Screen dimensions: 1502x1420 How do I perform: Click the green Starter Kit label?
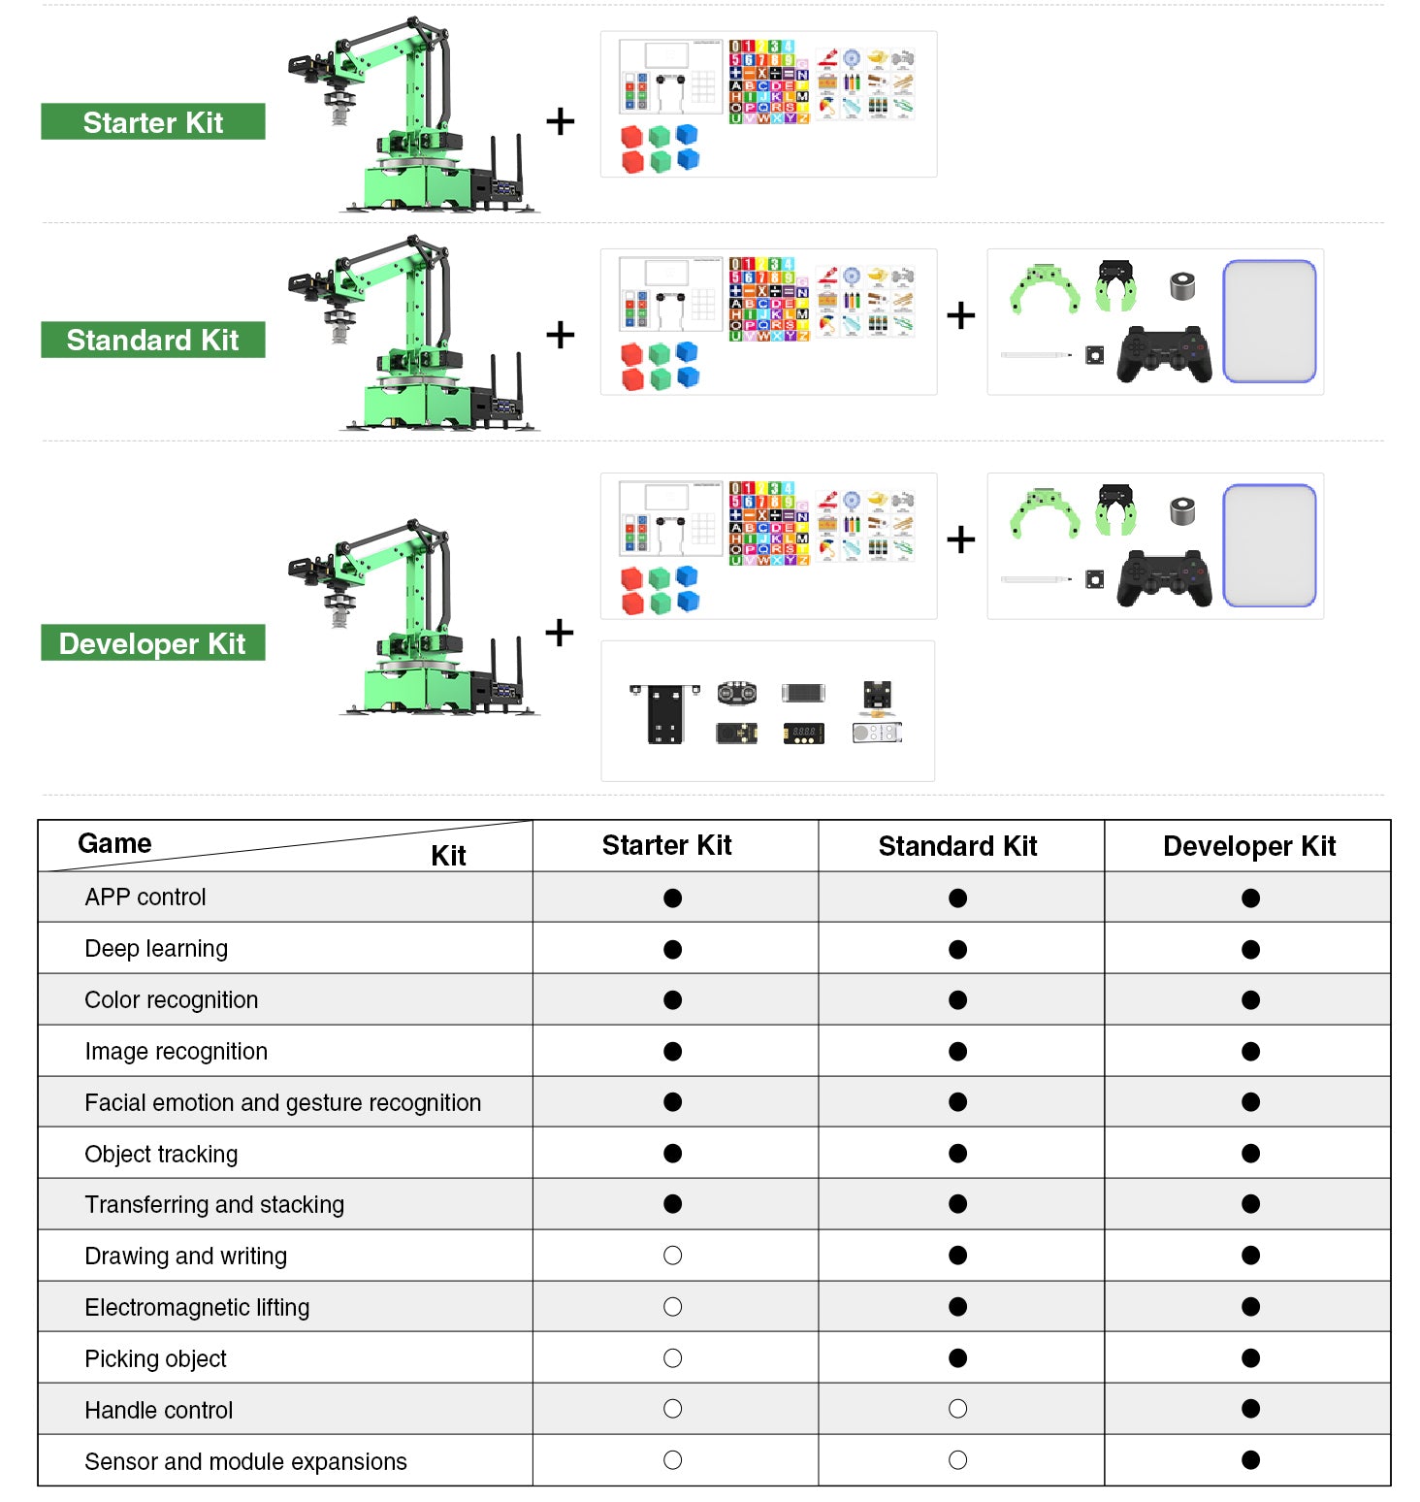pyautogui.click(x=152, y=122)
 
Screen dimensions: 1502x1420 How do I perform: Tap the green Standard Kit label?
pyautogui.click(x=152, y=340)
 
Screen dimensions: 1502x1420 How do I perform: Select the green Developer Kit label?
pyautogui.click(x=152, y=643)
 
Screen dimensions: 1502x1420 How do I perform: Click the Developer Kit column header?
pyautogui.click(x=1248, y=846)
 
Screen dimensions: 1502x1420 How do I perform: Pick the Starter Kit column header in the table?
pyautogui.click(x=666, y=845)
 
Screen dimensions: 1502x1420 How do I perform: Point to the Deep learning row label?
pyautogui.click(x=156, y=948)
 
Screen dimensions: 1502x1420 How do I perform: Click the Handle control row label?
pyautogui.click(x=159, y=1410)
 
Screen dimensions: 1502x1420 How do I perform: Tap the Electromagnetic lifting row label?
pyautogui.click(x=197, y=1307)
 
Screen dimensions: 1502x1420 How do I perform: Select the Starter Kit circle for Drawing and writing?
pyautogui.click(x=672, y=1256)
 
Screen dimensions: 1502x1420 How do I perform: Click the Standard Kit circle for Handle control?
pyautogui.click(x=957, y=1409)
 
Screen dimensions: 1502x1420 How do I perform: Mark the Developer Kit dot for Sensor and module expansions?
pyautogui.click(x=1250, y=1460)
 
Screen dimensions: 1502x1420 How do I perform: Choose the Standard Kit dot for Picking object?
pyautogui.click(x=957, y=1358)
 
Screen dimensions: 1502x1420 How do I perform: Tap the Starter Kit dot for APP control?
pyautogui.click(x=672, y=898)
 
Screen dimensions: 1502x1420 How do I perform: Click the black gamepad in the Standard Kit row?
pyautogui.click(x=1164, y=354)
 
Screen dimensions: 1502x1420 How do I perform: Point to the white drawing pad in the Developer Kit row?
pyautogui.click(x=1269, y=545)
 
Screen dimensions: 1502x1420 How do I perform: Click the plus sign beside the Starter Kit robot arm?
pyautogui.click(x=560, y=121)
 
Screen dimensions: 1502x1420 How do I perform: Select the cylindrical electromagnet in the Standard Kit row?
pyautogui.click(x=1181, y=286)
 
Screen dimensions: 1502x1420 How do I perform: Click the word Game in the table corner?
pyautogui.click(x=114, y=843)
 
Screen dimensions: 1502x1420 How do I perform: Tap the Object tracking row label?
pyautogui.click(x=161, y=1154)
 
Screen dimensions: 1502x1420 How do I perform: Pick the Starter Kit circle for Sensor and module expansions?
pyautogui.click(x=672, y=1460)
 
